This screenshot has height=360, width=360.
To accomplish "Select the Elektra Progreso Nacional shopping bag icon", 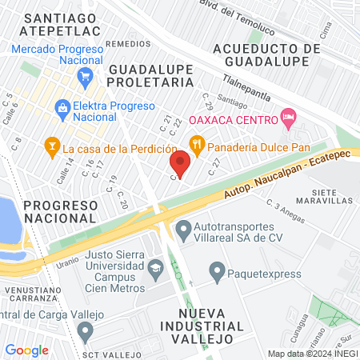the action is click(x=62, y=106).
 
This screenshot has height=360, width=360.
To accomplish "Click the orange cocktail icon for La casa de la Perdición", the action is click(x=52, y=146).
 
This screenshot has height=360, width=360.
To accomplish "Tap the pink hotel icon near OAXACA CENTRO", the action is click(x=289, y=119).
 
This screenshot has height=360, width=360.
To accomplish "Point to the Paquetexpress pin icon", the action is click(x=216, y=272).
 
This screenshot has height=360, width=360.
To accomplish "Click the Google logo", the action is click(x=26, y=350).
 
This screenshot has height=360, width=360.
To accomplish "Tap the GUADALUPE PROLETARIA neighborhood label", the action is click(x=151, y=76).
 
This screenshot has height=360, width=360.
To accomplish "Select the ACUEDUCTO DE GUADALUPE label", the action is click(x=267, y=55).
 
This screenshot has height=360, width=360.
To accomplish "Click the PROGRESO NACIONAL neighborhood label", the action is click(x=60, y=211).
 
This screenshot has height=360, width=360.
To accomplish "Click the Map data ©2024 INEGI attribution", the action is click(x=312, y=353).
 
